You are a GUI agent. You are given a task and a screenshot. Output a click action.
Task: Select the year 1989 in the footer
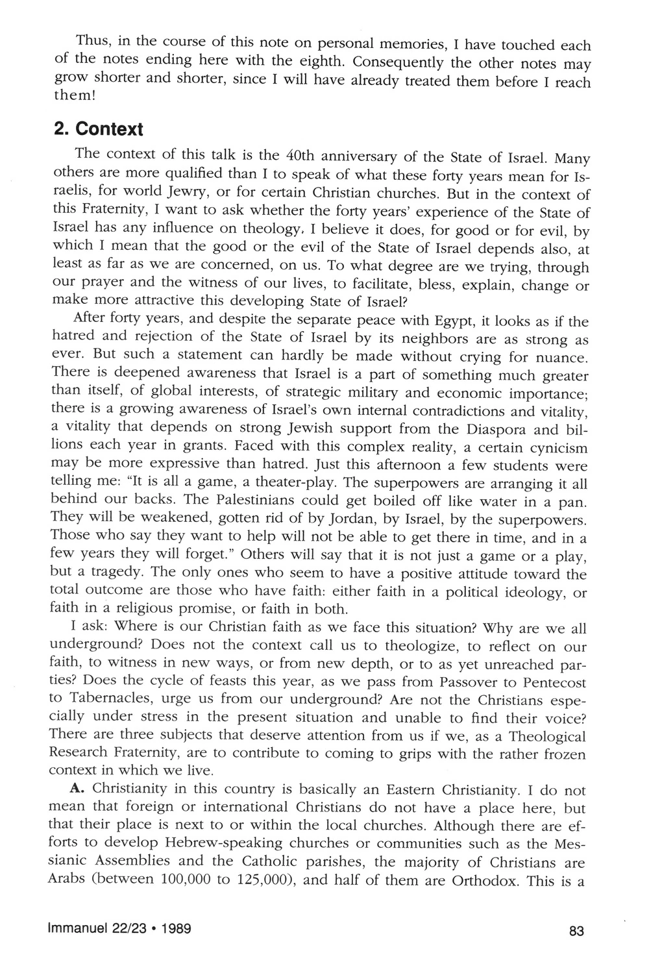[x=173, y=929]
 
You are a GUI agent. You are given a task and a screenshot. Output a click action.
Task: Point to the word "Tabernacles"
[x=102, y=701]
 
